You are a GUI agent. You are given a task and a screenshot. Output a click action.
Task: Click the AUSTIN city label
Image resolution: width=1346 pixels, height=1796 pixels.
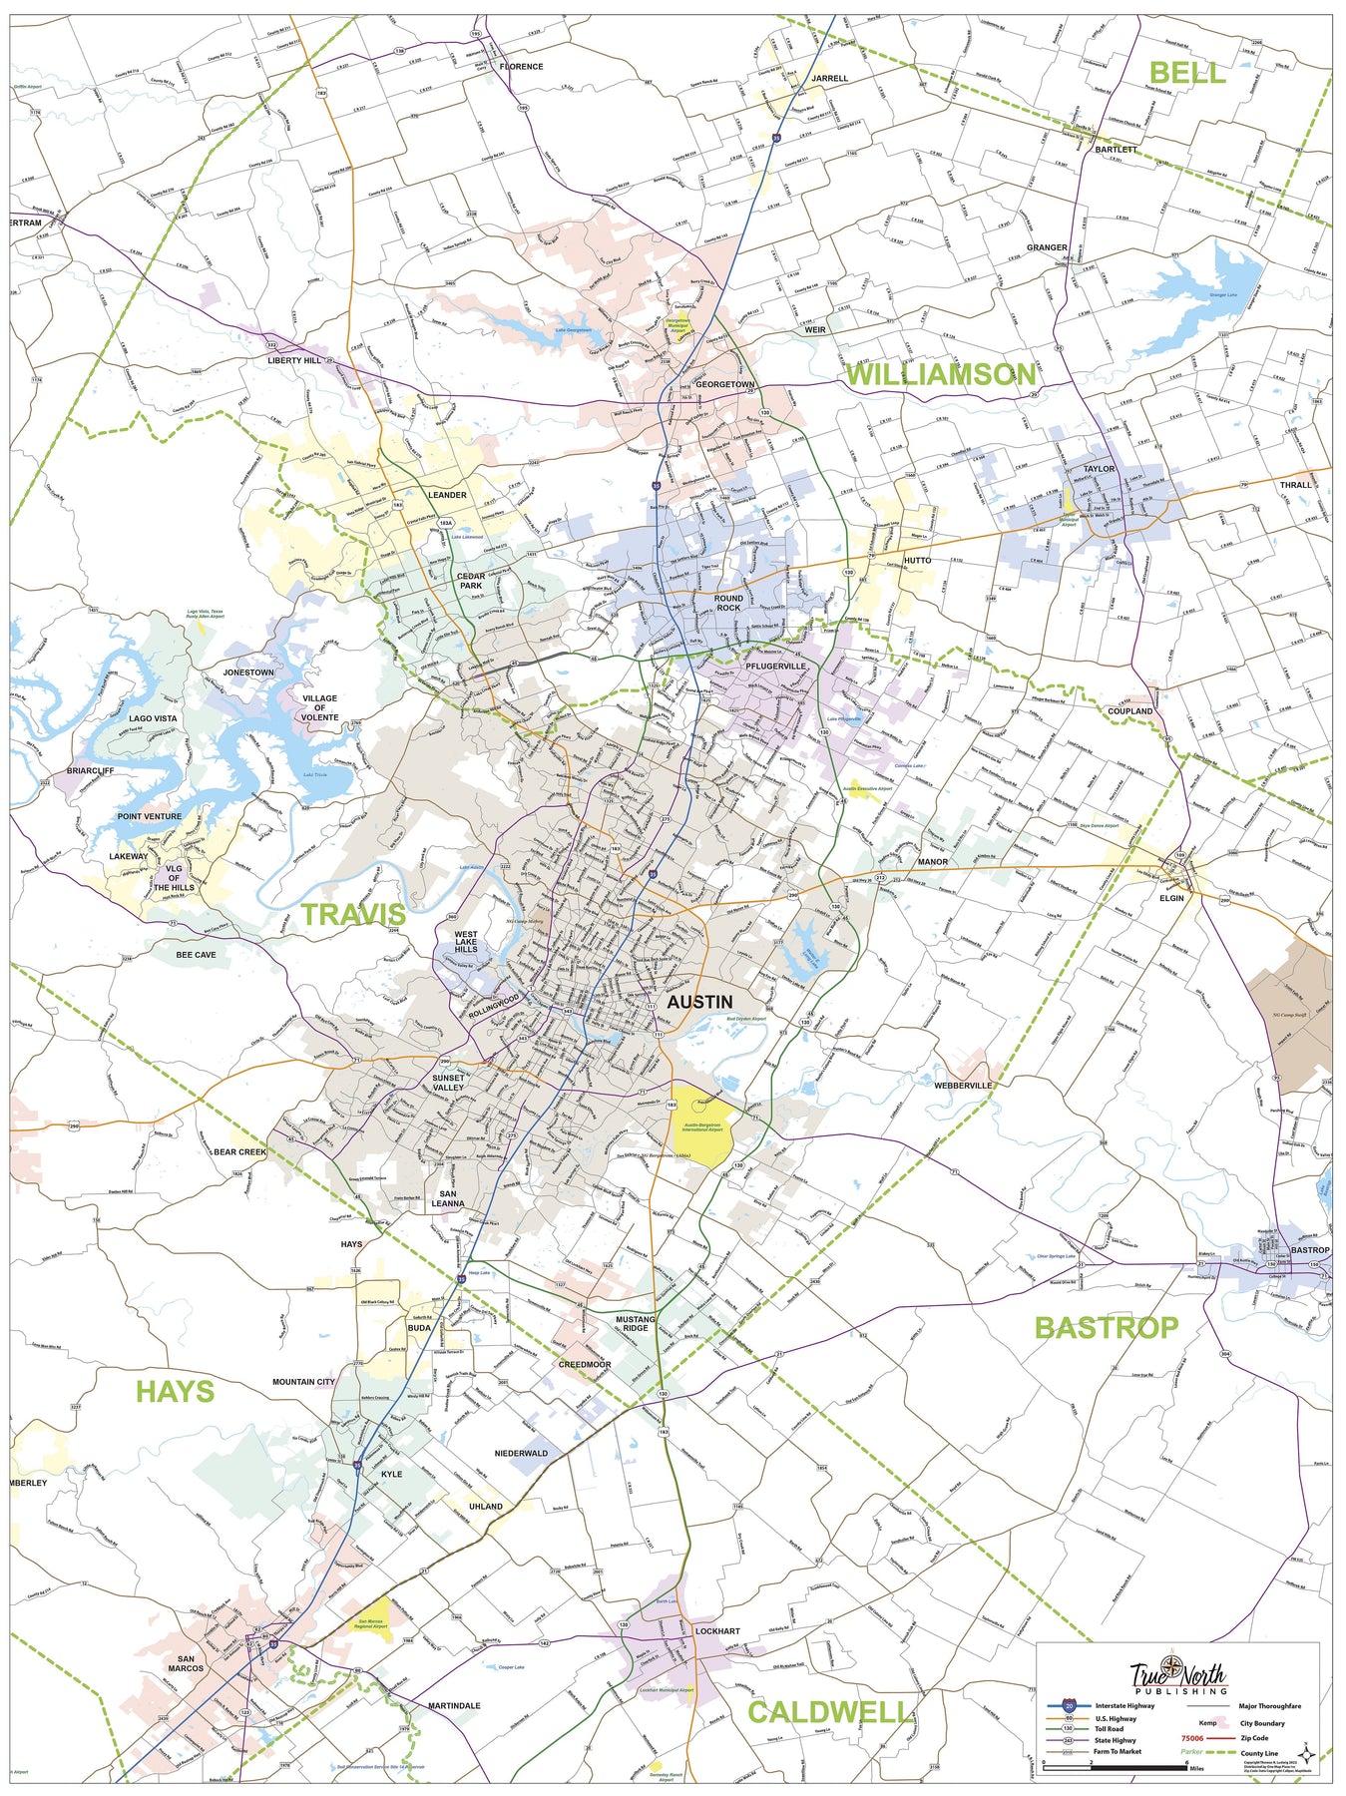(698, 1002)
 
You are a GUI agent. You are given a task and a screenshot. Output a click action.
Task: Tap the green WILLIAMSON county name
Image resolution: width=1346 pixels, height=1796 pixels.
(940, 374)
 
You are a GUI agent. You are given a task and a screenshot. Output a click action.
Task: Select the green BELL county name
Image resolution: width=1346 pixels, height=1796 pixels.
(1186, 72)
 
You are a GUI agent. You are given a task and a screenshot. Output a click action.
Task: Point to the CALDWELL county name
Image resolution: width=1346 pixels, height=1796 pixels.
(827, 1712)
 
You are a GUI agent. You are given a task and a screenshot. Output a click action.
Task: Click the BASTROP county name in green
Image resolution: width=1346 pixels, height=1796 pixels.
(1106, 1327)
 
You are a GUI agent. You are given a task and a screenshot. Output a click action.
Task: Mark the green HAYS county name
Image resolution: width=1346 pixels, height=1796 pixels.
(175, 1391)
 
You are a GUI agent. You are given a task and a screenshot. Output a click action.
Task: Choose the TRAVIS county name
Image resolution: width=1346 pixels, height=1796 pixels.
(353, 914)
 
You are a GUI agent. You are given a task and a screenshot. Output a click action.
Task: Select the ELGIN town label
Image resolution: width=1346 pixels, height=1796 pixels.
(1171, 898)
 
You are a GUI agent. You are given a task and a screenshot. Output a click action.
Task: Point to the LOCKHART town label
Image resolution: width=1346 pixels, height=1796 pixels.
(717, 1631)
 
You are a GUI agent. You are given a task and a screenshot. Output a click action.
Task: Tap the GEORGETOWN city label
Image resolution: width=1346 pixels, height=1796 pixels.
(724, 384)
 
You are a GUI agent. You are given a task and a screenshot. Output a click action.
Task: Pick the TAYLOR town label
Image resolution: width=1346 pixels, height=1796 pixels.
(1099, 468)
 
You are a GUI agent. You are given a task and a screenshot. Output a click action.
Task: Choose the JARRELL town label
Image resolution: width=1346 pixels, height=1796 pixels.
(829, 78)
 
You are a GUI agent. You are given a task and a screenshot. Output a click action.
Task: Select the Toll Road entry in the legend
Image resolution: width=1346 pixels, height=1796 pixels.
(1110, 1729)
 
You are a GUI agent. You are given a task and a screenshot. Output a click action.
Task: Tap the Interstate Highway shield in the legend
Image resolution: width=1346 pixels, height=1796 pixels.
(1070, 1706)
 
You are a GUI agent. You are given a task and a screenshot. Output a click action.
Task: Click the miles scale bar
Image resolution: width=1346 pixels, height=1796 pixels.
(1115, 1768)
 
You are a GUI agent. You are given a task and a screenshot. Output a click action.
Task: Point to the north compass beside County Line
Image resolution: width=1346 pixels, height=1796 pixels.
(1306, 1754)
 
